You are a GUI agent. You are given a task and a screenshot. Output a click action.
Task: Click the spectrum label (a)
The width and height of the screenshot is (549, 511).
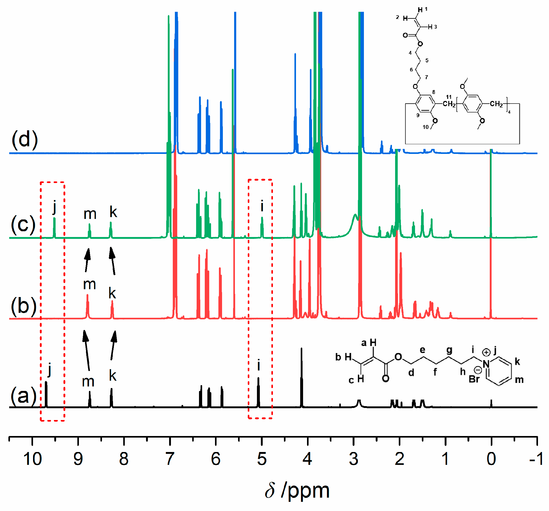(24, 396)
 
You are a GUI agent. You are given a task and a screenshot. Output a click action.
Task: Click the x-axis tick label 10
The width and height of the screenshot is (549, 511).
(32, 459)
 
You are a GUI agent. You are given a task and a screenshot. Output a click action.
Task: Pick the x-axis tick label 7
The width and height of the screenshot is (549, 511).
(170, 459)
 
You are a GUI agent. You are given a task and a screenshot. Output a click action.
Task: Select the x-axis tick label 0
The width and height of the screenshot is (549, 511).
(491, 459)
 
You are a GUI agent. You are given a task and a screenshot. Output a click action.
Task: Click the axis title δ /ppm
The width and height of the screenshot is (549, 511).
(297, 491)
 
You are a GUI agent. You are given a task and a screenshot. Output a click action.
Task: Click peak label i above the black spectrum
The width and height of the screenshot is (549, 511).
(259, 365)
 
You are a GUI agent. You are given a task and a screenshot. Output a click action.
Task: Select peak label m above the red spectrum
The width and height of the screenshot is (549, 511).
(89, 284)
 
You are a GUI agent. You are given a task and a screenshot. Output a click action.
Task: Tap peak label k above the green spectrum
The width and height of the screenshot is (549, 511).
(113, 212)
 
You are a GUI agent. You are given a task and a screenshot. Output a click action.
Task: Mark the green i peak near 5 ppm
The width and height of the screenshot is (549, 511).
(262, 227)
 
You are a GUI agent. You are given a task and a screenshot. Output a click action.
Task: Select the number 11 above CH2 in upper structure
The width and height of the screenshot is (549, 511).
(449, 97)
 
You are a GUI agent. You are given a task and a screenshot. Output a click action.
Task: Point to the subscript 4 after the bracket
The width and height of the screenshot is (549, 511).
(509, 112)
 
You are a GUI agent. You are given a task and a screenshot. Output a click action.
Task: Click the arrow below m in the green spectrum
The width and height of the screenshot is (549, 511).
(87, 260)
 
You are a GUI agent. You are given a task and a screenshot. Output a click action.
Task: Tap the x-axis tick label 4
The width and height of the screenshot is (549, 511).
(307, 459)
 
